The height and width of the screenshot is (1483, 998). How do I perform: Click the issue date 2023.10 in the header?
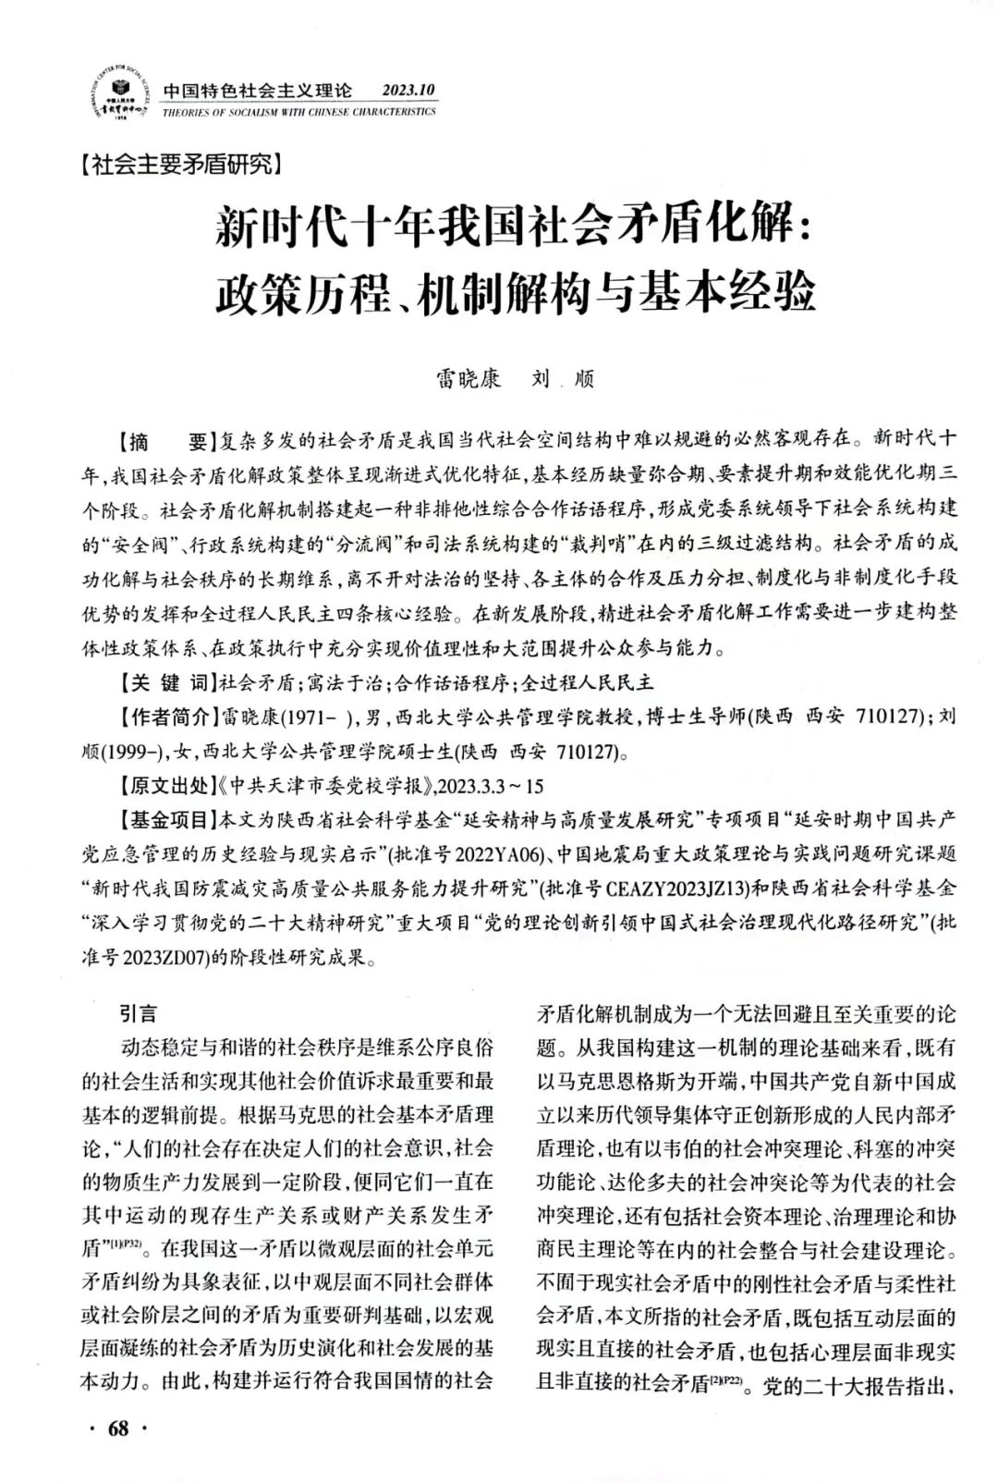[408, 90]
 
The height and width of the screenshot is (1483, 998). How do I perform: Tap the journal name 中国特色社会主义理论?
[258, 91]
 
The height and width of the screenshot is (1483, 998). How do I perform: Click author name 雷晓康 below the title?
[469, 379]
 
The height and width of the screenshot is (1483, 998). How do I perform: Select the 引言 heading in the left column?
[138, 1013]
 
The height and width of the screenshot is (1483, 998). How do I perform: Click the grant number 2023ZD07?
[156, 959]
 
